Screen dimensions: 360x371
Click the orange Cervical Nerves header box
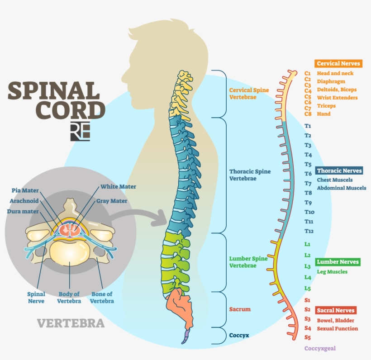point(338,64)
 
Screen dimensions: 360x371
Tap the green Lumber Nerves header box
point(338,262)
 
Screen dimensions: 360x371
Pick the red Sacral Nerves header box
point(336,310)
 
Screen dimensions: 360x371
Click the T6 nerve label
point(308,174)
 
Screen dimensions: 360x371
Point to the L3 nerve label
point(308,266)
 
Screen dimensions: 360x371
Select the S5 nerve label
point(308,337)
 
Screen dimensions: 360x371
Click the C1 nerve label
point(308,73)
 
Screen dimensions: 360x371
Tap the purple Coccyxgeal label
point(320,349)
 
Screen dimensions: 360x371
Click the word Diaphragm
point(331,82)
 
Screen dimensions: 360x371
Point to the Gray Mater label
point(111,201)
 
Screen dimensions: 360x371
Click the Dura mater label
point(22,211)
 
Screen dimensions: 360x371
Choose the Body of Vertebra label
point(69,298)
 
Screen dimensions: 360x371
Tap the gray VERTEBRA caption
point(71,323)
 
